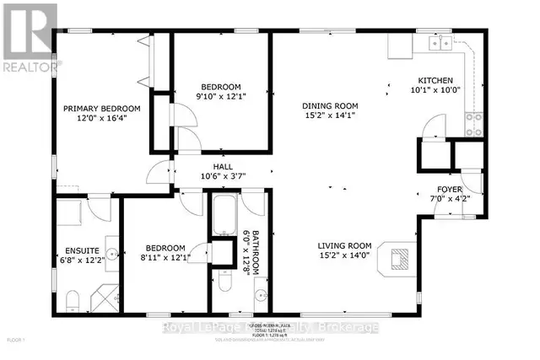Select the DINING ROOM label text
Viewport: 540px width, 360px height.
click(331, 106)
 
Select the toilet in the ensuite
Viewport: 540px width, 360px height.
click(73, 299)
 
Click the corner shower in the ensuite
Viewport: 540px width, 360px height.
click(105, 296)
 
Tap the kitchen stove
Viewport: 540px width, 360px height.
click(474, 123)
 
